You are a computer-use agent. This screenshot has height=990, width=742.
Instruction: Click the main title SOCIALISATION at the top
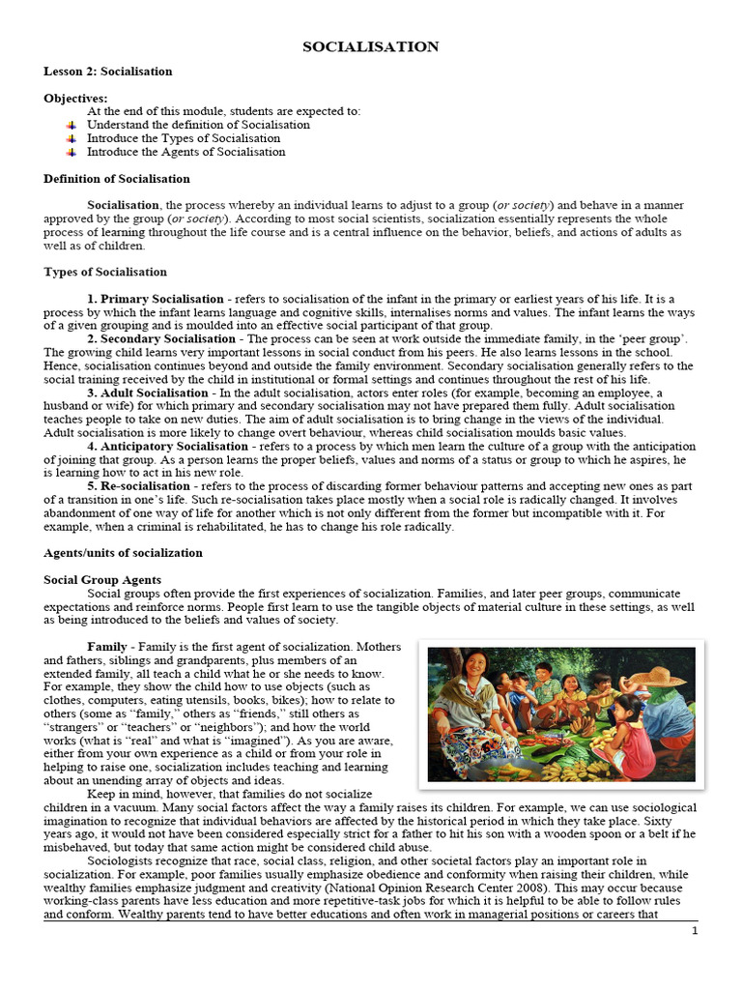coord(371,46)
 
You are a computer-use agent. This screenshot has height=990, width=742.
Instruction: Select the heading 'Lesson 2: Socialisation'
coord(108,72)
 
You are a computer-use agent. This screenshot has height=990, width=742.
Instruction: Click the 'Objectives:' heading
coord(75,99)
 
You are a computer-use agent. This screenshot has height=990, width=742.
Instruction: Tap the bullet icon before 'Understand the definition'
coord(71,125)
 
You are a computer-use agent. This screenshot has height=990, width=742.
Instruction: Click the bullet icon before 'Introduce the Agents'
coord(71,152)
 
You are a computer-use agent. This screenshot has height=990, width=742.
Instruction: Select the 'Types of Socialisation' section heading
coord(105,272)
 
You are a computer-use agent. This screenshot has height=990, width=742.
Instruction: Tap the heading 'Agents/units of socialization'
coord(123,553)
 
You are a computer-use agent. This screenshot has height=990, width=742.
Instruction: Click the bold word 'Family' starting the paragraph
coord(107,646)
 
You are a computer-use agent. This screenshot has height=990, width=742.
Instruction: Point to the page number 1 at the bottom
coord(693,930)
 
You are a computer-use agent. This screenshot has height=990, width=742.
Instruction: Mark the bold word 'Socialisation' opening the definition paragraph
coord(124,206)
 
